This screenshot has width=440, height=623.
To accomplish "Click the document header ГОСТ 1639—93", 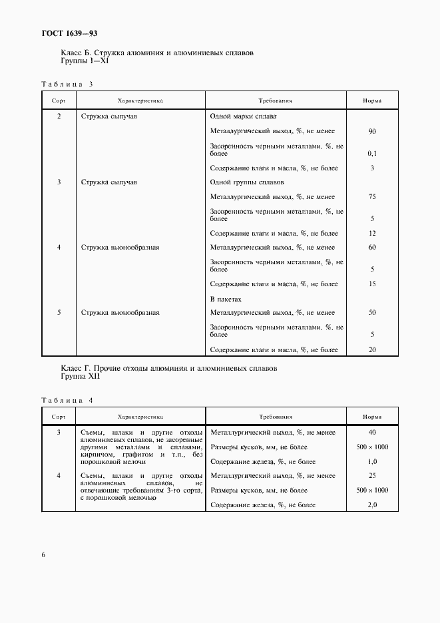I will coord(65,33).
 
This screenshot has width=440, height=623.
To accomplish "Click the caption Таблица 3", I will coord(67,84).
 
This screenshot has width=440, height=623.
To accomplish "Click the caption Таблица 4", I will coord(67,401).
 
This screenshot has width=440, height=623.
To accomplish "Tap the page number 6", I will coord(43,555).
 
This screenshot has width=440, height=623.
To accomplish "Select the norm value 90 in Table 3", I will coord(372,132).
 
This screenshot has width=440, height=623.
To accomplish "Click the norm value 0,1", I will coord(372,153).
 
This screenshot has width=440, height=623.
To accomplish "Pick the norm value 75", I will coord(372,197).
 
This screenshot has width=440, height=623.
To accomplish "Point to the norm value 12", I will coord(372,234).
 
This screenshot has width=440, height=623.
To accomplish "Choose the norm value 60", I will coord(372,248).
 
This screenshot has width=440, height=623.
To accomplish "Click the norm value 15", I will coord(372,284).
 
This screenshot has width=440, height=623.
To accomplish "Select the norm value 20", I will coord(372,349).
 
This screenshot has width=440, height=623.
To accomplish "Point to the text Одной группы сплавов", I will coord(246,182).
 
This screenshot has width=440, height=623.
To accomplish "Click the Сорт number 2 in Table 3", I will coord(59,116).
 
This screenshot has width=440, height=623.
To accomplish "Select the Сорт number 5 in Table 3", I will coord(59,312).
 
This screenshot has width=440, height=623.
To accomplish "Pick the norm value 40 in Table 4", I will coord(372,433).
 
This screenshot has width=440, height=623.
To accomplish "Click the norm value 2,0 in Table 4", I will coord(372,505).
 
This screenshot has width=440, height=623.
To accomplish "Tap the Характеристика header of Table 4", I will coord(140,417).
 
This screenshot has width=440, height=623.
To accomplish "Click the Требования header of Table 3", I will coord(276,101).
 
